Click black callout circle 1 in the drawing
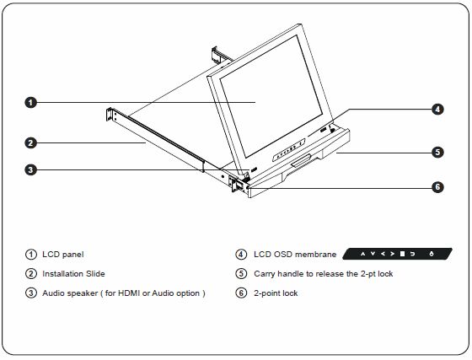click(30, 102)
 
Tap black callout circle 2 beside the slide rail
click(30, 142)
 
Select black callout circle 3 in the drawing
click(30, 169)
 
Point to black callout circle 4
click(437, 110)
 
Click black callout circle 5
click(437, 153)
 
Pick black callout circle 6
click(437, 187)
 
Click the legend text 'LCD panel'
click(63, 254)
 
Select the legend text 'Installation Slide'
click(74, 273)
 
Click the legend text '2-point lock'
click(276, 293)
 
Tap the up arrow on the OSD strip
click(362, 254)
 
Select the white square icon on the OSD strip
click(402, 254)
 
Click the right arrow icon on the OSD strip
click(392, 254)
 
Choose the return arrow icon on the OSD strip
click(412, 254)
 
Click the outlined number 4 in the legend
click(241, 254)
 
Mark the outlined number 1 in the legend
click(30, 254)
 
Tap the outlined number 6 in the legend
click(241, 293)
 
